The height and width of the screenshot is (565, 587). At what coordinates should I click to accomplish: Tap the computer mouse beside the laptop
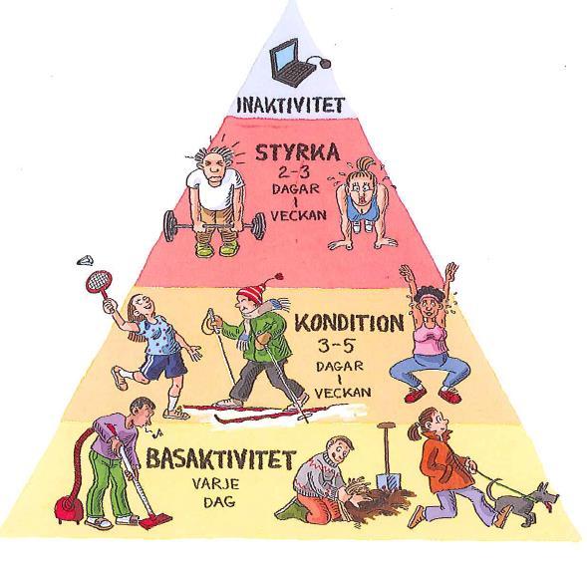pos(325,63)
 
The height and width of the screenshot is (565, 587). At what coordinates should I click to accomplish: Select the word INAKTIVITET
pos(291,105)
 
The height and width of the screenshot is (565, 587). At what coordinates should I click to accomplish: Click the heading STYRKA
pos(297,152)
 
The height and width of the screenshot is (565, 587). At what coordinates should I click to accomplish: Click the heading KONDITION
pos(349,323)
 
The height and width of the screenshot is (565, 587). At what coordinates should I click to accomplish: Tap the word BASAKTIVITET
pos(221,459)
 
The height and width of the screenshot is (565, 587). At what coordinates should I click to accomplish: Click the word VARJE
pos(216,484)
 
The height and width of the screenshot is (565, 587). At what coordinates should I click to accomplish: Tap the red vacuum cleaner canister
pos(70,509)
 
